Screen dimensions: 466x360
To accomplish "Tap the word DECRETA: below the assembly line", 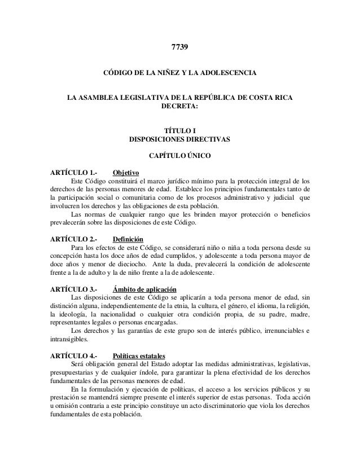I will click(179, 105).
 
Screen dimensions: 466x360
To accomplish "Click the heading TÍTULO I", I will click(179, 129).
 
